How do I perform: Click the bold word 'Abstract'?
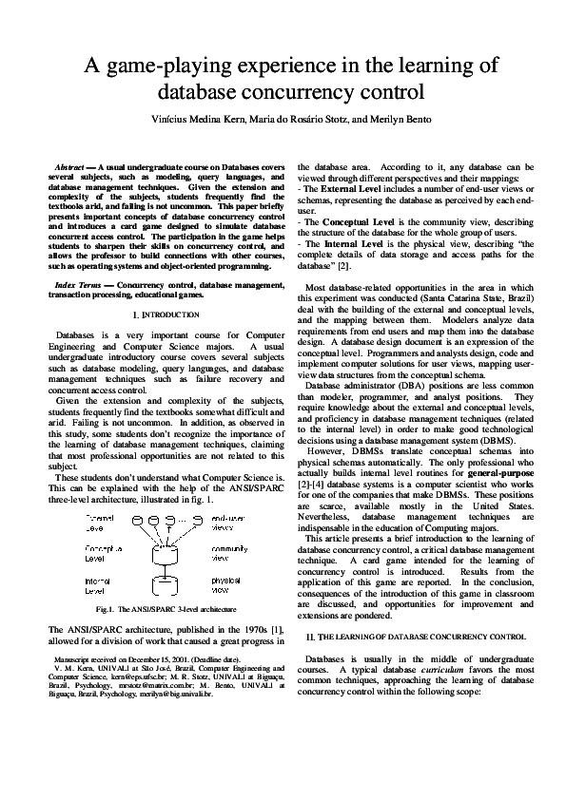[x=73, y=166]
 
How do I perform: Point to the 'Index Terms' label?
[x=79, y=284]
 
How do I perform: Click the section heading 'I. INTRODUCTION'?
[x=166, y=314]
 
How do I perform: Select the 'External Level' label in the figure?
[x=101, y=522]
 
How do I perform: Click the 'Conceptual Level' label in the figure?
[x=104, y=554]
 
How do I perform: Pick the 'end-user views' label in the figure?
[x=227, y=522]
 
